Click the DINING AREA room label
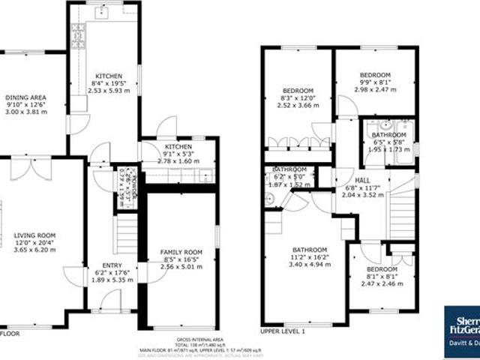25,97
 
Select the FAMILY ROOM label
181,251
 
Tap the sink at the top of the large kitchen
106,13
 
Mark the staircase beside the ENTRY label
124,234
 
